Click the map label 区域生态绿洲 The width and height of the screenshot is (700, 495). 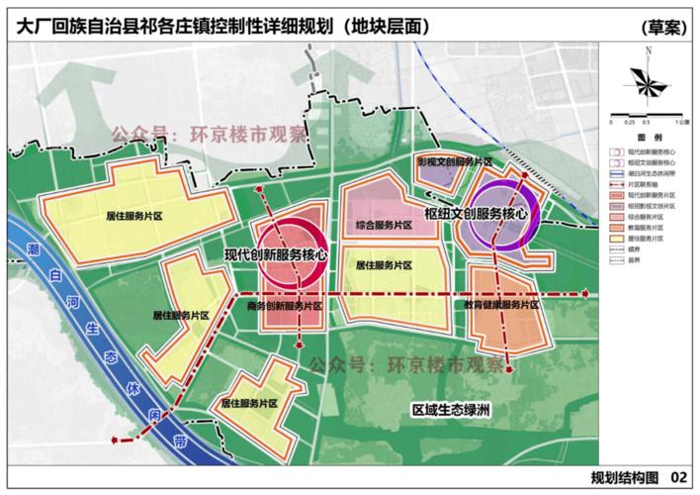click(453, 408)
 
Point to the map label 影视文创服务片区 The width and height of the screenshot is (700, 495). click(454, 160)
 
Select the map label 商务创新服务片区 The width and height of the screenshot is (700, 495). click(284, 307)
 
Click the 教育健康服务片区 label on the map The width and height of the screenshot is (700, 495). click(502, 305)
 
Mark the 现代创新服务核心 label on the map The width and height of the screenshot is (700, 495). click(276, 254)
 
